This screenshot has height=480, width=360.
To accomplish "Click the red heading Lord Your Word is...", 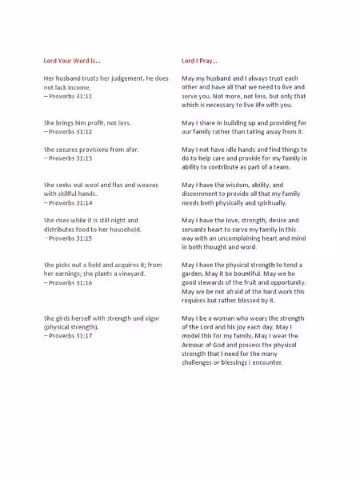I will click(72, 60).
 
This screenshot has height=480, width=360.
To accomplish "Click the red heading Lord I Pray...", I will click(199, 60).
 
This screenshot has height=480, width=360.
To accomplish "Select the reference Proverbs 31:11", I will click(70, 96).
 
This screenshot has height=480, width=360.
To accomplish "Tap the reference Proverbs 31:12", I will click(70, 131).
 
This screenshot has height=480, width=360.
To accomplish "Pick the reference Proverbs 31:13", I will click(70, 158).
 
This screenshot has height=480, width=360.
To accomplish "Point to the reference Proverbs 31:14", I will click(70, 202).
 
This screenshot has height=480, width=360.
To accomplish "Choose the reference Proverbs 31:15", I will click(70, 238).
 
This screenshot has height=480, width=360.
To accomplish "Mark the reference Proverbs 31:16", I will click(70, 282).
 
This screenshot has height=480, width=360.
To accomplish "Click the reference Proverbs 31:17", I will click(70, 335).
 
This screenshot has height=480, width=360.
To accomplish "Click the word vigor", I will click(158, 318).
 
